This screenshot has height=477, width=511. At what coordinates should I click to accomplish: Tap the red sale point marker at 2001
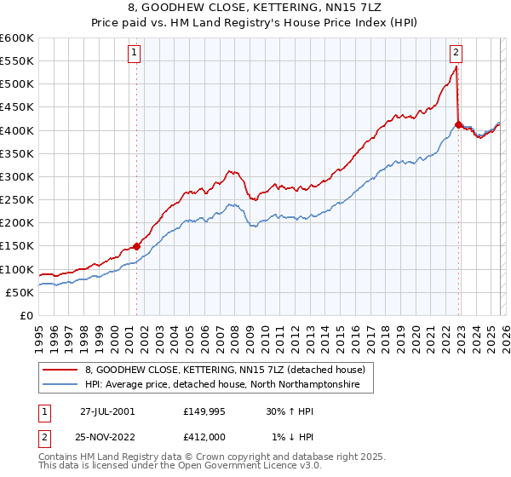click(x=137, y=246)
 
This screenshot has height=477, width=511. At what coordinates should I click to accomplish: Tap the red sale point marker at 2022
click(x=458, y=124)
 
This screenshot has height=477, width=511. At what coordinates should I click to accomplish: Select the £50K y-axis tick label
click(x=20, y=292)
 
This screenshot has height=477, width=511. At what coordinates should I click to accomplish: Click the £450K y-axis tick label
click(x=16, y=107)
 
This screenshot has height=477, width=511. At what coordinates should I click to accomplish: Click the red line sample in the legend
click(x=60, y=370)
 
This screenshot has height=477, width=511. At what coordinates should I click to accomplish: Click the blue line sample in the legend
click(x=60, y=385)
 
